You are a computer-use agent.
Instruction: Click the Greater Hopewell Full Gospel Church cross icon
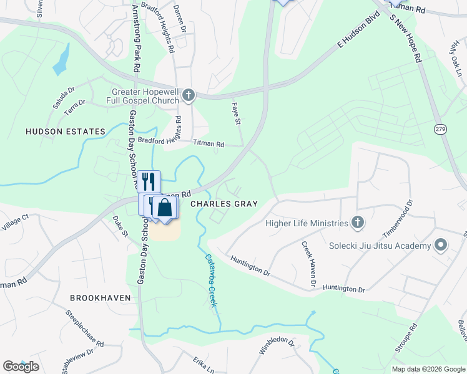(189, 95)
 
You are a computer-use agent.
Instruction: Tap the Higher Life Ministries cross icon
(357, 223)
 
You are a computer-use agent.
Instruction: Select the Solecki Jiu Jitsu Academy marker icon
(441, 245)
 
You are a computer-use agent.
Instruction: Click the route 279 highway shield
(440, 128)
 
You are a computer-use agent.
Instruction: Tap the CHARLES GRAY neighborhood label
(224, 204)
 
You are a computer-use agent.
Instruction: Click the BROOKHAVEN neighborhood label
(101, 298)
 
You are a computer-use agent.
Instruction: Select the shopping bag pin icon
(165, 207)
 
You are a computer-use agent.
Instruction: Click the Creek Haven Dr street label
(308, 265)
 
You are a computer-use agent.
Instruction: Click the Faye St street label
(237, 113)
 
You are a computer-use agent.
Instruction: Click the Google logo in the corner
(21, 367)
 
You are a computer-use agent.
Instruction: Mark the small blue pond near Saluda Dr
(61, 60)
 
